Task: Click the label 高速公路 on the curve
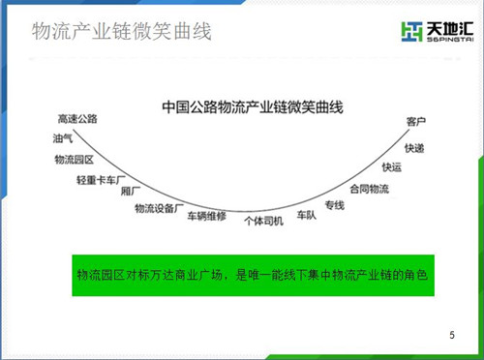pos(77,119)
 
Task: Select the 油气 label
pos(63,138)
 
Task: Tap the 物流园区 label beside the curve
pos(75,160)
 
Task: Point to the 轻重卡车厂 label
pos(101,180)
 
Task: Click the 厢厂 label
pos(131,192)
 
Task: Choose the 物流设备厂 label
pos(159,208)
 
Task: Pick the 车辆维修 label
pos(207,216)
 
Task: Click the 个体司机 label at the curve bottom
pos(264,221)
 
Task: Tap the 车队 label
pos(307,215)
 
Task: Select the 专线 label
pos(335,205)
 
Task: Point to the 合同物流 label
pos(370,189)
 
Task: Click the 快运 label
pos(392,167)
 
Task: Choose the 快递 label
pos(414,148)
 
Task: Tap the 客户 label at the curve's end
pos(416,122)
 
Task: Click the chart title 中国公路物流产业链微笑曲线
pos(253,107)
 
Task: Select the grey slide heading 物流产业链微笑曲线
pos(122,31)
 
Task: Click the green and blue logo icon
pos(411,32)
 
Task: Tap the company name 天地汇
pos(450,29)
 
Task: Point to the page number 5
pos(452,335)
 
